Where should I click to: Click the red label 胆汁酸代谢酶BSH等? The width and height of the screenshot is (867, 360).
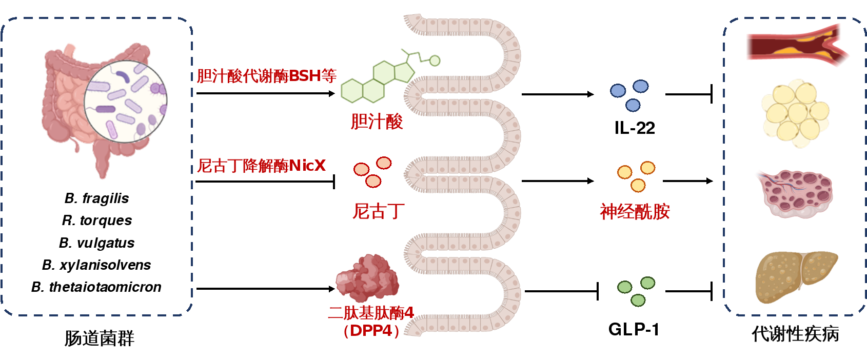[267, 76]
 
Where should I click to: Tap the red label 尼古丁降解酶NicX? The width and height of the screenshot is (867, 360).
[262, 166]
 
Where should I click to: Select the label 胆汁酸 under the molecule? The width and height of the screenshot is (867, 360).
[377, 122]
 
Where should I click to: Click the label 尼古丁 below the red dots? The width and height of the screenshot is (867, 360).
[379, 211]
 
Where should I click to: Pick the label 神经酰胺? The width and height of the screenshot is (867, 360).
[635, 211]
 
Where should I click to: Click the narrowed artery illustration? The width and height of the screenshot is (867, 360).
[795, 45]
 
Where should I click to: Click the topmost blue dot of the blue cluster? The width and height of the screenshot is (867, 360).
[640, 86]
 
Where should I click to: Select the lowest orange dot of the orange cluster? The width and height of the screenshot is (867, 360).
[638, 185]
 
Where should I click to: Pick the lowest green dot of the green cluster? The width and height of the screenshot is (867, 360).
[638, 300]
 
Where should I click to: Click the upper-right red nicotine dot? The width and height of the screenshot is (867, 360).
[384, 163]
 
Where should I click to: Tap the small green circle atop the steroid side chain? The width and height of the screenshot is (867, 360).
[435, 61]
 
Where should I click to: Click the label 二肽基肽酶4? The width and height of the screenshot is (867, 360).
[371, 313]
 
